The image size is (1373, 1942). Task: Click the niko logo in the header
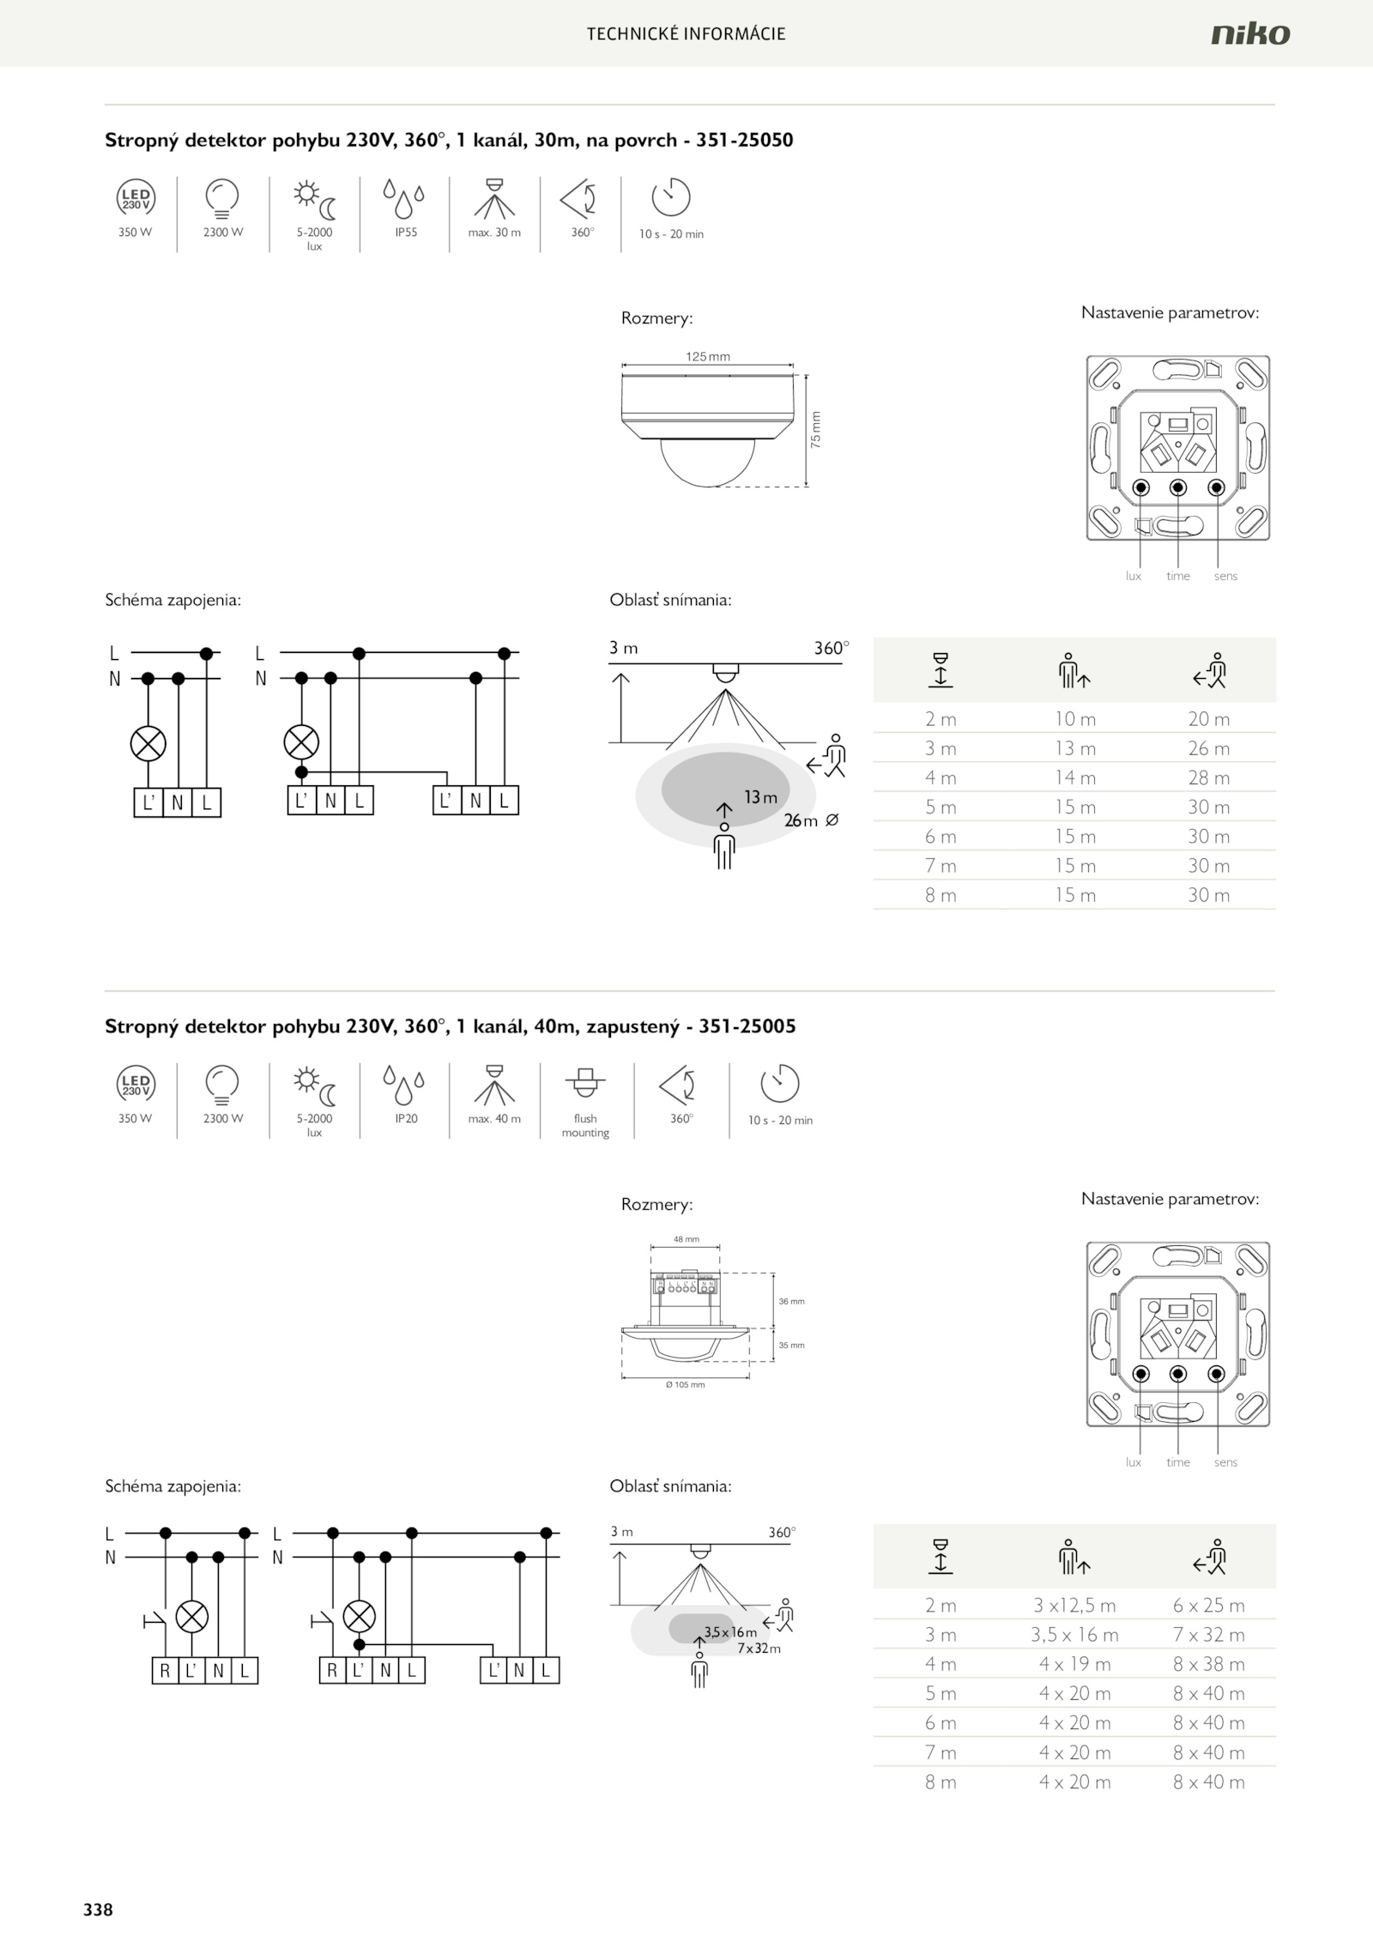click(x=1250, y=33)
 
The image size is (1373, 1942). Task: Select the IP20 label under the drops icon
click(x=406, y=1118)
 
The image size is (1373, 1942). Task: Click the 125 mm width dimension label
click(x=707, y=357)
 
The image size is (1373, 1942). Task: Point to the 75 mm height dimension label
click(x=816, y=429)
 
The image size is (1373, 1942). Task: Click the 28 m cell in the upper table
click(x=1208, y=777)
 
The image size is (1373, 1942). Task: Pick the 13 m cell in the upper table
click(x=1074, y=748)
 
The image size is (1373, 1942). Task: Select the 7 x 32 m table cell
click(x=1208, y=1635)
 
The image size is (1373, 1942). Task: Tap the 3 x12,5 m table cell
click(x=1074, y=1606)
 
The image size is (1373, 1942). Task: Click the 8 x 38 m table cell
click(x=1208, y=1664)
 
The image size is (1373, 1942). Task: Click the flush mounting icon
click(x=585, y=1084)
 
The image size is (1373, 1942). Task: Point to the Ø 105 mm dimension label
click(x=685, y=1385)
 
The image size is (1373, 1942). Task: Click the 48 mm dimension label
click(x=686, y=1239)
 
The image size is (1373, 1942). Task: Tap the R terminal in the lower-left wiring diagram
click(x=165, y=1671)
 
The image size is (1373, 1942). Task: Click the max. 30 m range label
click(x=494, y=233)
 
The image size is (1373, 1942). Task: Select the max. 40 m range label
click(x=494, y=1119)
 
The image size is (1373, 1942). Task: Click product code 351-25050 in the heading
click(x=744, y=140)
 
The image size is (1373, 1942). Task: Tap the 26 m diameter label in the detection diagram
click(x=801, y=821)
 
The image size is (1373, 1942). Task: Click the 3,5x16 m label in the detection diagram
click(x=730, y=1632)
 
